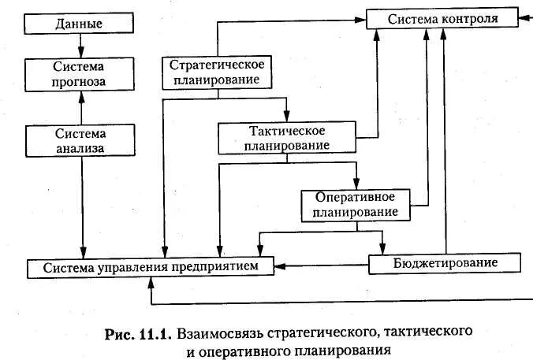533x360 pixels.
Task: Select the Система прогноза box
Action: point(79,74)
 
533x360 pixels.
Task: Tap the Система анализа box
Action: point(79,140)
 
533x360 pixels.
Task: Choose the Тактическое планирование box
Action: point(287,137)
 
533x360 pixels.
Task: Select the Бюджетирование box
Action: point(445,262)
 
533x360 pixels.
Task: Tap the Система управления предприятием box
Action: point(151,268)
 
